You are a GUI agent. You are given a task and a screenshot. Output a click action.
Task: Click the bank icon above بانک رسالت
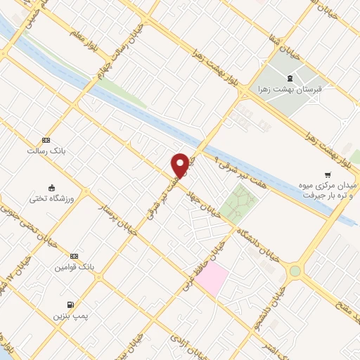click(46, 140)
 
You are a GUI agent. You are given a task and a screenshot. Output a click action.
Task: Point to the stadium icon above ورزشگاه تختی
click(51, 187)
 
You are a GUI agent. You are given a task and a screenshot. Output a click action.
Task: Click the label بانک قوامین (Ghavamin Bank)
click(74, 267)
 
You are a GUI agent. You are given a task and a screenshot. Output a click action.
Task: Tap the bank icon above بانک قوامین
click(74, 257)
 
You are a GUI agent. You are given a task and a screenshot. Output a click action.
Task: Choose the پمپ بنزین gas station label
click(69, 316)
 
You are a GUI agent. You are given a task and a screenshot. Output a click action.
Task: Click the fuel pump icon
click(70, 304)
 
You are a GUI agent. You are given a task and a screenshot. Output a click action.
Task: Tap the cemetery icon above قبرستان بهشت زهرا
click(290, 77)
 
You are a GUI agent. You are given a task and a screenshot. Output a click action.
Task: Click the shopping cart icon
click(327, 174)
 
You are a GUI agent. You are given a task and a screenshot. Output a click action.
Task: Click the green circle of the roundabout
click(294, 270)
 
